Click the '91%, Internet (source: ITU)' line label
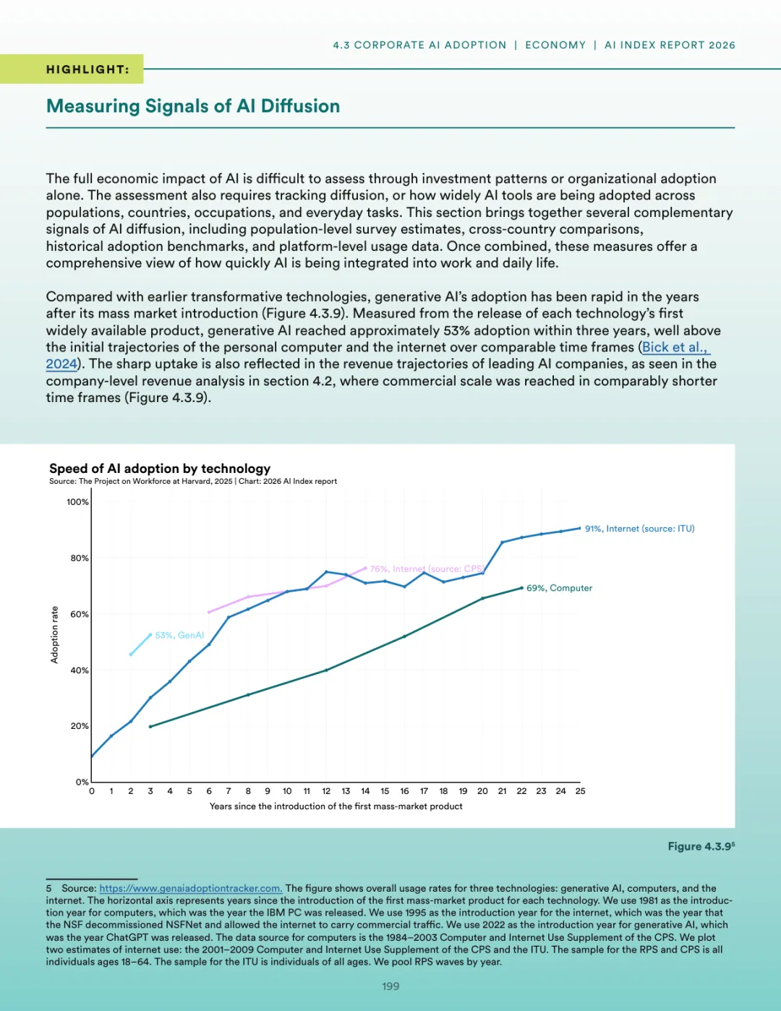639,529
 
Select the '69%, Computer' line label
559,588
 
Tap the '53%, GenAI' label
179,635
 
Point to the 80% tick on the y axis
80,558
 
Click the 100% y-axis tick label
77,502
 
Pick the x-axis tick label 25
580,791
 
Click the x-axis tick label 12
326,791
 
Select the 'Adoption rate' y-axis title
54,635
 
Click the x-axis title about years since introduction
336,806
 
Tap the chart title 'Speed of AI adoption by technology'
160,468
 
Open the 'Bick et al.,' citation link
674,347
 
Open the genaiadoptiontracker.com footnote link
190,888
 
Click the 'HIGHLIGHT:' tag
88,69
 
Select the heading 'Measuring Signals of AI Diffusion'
193,106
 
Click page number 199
390,986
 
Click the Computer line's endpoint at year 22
521,588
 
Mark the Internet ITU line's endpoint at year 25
580,529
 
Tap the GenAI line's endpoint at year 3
150,635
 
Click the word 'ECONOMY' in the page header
555,45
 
